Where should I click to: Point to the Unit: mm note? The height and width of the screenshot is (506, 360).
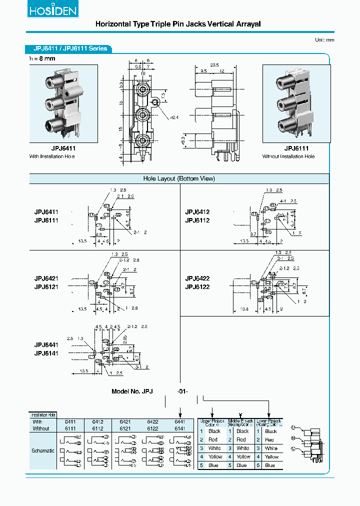point(324,40)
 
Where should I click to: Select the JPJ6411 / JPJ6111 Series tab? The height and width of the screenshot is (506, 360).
point(70,49)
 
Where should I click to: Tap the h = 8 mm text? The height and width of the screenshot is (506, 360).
point(42,58)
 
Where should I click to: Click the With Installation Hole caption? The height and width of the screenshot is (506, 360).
point(52,157)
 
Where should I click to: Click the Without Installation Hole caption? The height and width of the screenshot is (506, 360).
point(288,157)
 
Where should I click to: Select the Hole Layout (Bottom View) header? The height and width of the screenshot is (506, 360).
point(179,178)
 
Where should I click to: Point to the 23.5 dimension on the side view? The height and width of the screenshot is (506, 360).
point(215,65)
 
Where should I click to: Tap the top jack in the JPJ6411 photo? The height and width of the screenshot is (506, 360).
point(51,81)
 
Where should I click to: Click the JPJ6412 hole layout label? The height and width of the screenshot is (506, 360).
point(197,212)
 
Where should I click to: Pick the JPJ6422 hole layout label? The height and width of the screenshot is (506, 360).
point(197,278)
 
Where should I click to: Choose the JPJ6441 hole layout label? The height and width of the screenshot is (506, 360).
point(46,345)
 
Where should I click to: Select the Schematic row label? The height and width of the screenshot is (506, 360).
point(43,450)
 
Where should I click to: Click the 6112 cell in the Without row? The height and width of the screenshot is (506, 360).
point(97,428)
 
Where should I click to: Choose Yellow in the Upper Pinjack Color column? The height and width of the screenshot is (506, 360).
point(214,456)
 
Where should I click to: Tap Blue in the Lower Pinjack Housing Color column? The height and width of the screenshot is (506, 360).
point(270,465)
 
